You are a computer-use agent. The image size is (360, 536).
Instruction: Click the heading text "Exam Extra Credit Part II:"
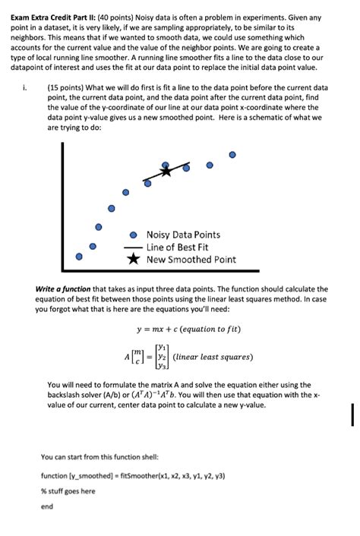[x=49, y=17]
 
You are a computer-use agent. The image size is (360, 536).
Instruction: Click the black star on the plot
[x=166, y=171]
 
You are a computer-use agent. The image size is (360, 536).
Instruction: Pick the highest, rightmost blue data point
[x=233, y=154]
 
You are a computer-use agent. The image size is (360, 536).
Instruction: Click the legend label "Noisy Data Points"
[x=183, y=235]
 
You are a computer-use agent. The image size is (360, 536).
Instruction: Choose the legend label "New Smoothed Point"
[x=191, y=260]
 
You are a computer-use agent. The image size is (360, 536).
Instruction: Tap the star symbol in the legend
[x=133, y=260]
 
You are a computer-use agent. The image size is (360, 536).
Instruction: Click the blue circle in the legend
[x=133, y=235]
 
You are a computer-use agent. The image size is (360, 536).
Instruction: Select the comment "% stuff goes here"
[x=68, y=490]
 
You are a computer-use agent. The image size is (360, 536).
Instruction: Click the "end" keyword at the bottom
[x=47, y=506]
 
